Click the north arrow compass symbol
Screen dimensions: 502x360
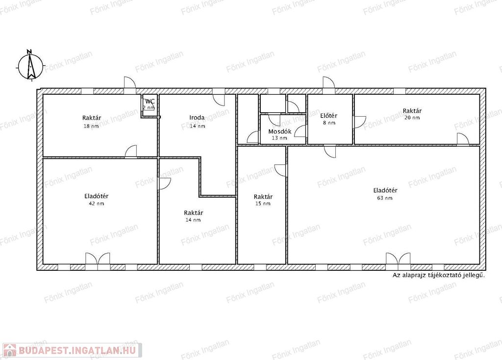click(x=30, y=67)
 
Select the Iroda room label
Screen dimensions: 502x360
click(x=197, y=118)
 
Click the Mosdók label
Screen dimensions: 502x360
click(x=280, y=131)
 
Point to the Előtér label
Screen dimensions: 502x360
click(x=329, y=116)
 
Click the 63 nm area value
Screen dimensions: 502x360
click(x=384, y=198)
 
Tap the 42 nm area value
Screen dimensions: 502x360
click(x=97, y=204)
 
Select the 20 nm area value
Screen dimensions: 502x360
click(x=412, y=118)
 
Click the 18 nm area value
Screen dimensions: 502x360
click(x=91, y=126)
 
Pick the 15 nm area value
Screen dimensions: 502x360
click(x=263, y=204)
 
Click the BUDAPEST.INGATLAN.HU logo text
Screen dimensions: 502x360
click(x=77, y=350)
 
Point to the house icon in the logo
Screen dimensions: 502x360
click(x=10, y=350)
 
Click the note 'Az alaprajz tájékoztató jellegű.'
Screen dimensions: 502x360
click(x=439, y=275)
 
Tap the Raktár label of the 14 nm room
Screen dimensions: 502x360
click(x=193, y=213)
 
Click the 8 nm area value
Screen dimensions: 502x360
click(x=329, y=123)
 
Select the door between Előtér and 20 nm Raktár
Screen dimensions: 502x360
click(x=360, y=122)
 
